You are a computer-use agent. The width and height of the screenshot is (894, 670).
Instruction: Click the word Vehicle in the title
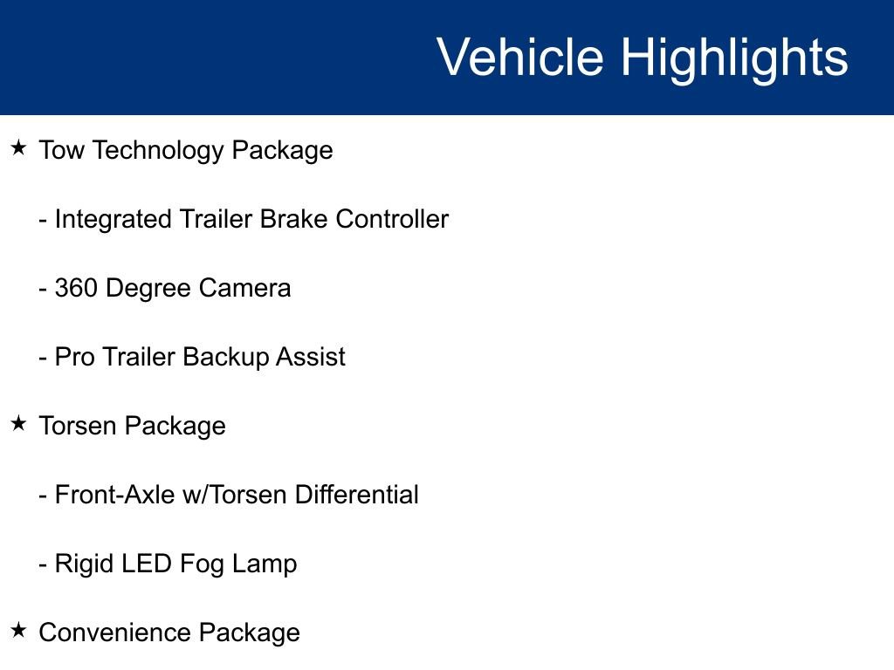pyautogui.click(x=519, y=58)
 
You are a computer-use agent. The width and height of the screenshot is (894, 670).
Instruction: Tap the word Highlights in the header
pyautogui.click(x=734, y=58)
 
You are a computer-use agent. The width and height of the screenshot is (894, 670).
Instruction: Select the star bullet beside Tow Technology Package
pyautogui.click(x=18, y=147)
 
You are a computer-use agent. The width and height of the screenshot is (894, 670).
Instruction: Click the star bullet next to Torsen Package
pyautogui.click(x=18, y=423)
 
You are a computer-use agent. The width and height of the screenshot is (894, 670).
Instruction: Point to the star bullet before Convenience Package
pyautogui.click(x=18, y=630)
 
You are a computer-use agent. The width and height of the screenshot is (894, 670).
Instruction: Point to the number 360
pyautogui.click(x=76, y=288)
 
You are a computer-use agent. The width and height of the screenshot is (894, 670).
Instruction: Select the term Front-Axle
pyautogui.click(x=113, y=495)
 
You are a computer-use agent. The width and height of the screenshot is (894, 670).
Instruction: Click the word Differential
pyautogui.click(x=357, y=495)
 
